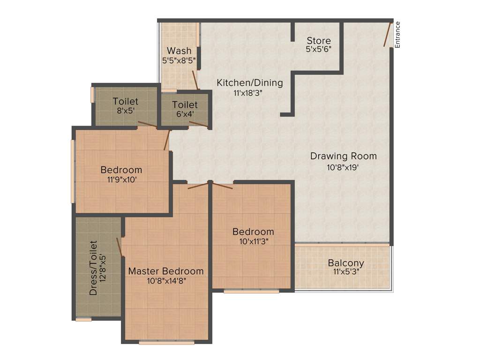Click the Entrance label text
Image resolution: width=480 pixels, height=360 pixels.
397,35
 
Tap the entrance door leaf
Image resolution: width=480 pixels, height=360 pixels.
388,33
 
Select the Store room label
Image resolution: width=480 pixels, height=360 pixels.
319,41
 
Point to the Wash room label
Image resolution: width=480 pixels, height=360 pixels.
179,51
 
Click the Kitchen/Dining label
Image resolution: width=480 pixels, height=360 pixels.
250,83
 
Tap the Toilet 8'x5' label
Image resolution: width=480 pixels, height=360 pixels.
126,101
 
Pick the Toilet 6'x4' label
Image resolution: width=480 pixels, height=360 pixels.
185,105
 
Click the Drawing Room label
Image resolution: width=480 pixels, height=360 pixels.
344,156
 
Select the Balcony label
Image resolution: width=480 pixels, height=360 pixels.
346,263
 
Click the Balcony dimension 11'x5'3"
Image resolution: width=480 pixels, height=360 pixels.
346,272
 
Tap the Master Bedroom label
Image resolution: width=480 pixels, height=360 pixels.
166,271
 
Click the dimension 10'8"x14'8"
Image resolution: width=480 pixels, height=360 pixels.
166,281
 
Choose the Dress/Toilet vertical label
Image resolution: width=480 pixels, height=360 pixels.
93,268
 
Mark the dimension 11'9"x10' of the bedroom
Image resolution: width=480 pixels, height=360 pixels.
121,180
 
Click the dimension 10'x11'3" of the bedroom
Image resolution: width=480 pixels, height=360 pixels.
253,242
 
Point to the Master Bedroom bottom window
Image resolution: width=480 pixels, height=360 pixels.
166,343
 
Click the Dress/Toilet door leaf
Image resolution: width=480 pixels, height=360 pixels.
120,247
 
